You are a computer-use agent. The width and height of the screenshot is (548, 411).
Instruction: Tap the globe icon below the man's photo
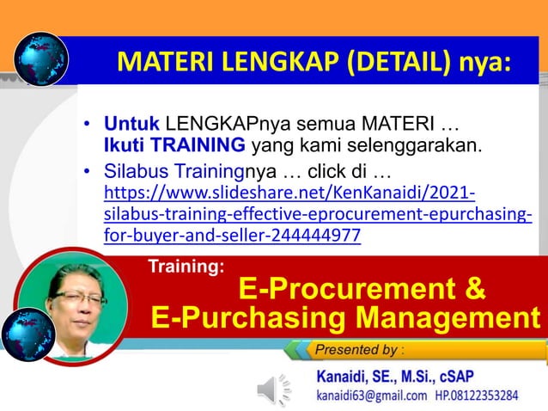coord(27,334)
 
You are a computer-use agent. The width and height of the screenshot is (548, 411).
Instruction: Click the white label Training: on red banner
coord(186,267)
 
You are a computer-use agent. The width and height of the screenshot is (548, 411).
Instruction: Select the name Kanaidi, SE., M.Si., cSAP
coord(395,376)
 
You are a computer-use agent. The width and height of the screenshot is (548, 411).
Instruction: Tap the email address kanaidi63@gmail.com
coord(372,396)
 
